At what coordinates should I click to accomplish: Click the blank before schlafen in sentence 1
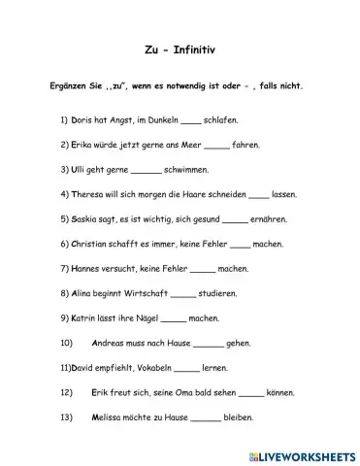191,122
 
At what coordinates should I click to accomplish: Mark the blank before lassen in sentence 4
259,194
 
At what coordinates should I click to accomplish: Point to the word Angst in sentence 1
123,121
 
